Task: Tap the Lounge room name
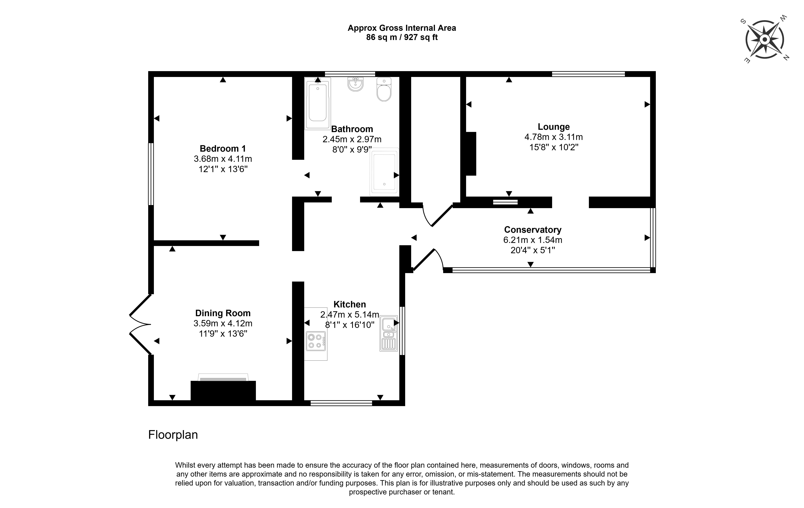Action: (554, 127)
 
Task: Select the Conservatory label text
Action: (533, 230)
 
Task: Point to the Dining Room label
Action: (223, 313)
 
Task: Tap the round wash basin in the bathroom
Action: (356, 84)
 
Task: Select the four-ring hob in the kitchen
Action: (316, 341)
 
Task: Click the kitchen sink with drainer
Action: (389, 333)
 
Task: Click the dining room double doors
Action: (140, 324)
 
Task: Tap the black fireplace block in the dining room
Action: (223, 390)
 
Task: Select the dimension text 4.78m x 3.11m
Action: (554, 137)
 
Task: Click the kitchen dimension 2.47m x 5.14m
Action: (350, 315)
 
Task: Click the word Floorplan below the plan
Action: (173, 435)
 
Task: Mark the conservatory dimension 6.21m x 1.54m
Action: (533, 240)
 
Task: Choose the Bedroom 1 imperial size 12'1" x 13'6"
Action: (223, 169)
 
